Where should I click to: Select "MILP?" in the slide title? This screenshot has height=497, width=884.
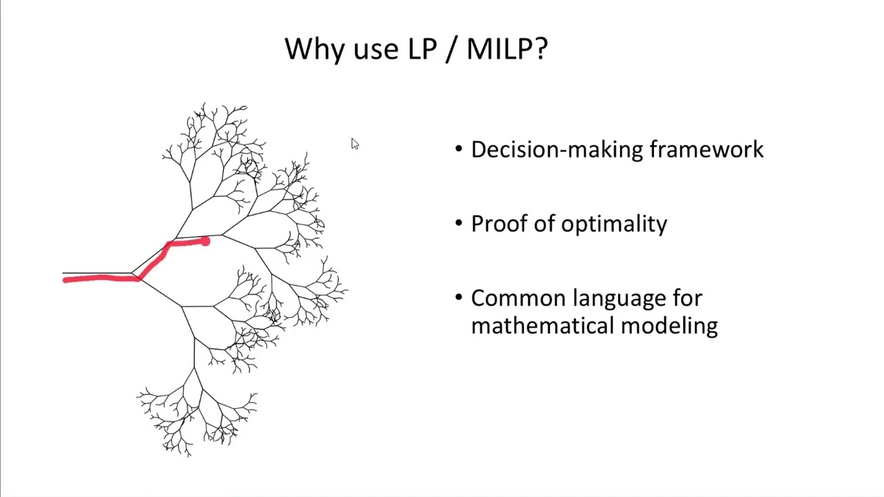point(507,50)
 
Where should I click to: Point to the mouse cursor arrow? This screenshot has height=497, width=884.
point(354,143)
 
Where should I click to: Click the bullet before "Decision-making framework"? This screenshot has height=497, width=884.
point(459,150)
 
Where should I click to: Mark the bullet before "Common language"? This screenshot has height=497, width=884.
point(459,298)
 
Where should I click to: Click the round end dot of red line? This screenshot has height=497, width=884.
point(205,241)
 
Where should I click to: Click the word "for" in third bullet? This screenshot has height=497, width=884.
point(687,298)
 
